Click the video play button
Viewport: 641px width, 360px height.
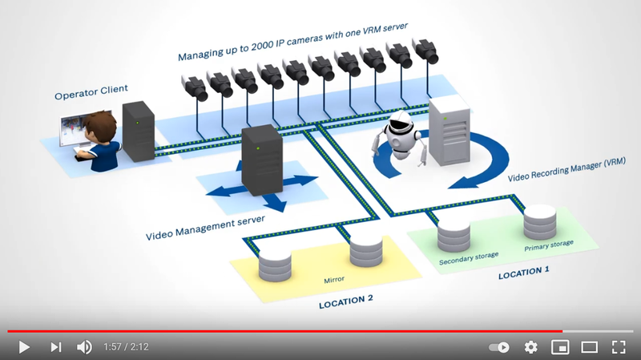(x=24, y=347)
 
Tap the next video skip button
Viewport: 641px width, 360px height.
(x=55, y=347)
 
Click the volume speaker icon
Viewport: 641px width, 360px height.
(x=84, y=347)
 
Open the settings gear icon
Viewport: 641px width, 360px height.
(x=530, y=347)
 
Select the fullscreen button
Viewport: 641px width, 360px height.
(x=619, y=347)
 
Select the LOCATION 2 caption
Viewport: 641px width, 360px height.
(x=346, y=301)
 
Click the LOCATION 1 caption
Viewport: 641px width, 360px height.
(x=524, y=272)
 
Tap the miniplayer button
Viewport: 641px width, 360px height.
(x=560, y=347)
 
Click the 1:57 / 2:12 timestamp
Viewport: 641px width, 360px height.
(x=126, y=347)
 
